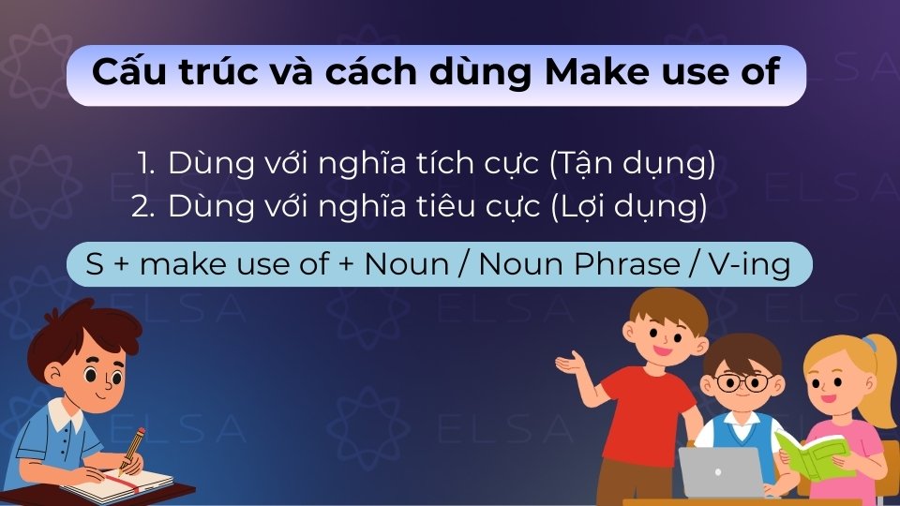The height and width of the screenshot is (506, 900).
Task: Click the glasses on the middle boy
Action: pyautogui.click(x=742, y=381)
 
